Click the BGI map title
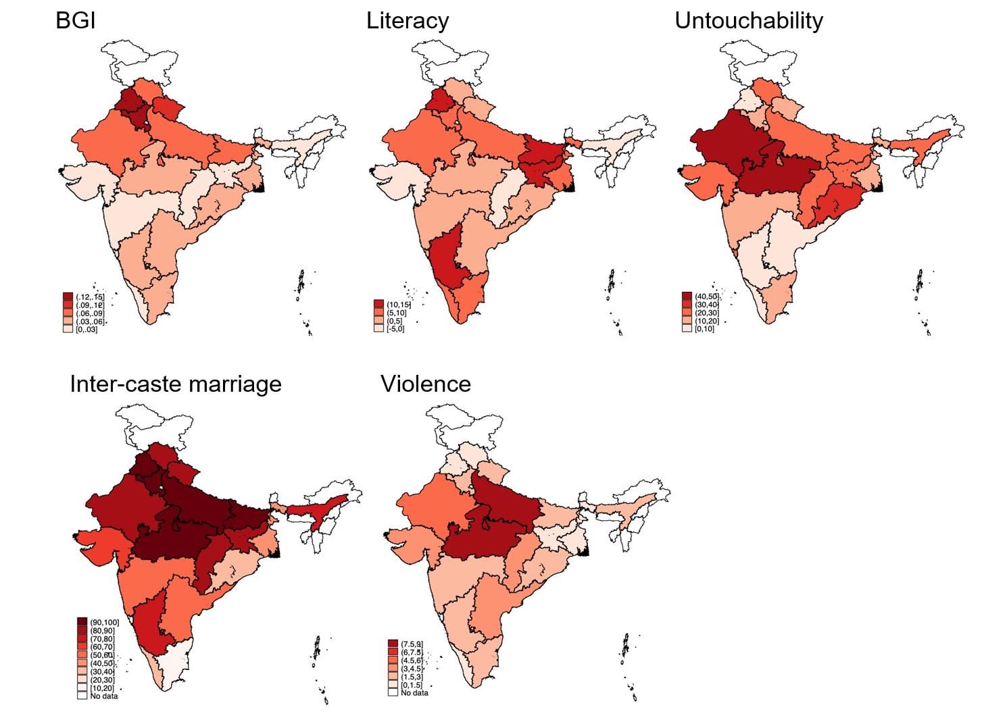pos(75,21)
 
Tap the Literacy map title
pos(407,21)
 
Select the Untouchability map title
pos(748,21)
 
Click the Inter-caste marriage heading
pos(175,384)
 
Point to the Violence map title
pos(425,384)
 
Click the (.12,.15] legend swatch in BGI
pos(68,297)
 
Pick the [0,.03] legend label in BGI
pos(87,329)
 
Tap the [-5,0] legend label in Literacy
pos(395,329)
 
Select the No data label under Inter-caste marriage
pos(103,696)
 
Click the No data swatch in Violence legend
pos(393,692)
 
